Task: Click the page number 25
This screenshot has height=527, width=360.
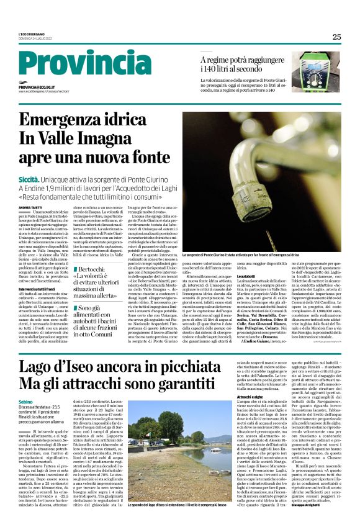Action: [x=336, y=37]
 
